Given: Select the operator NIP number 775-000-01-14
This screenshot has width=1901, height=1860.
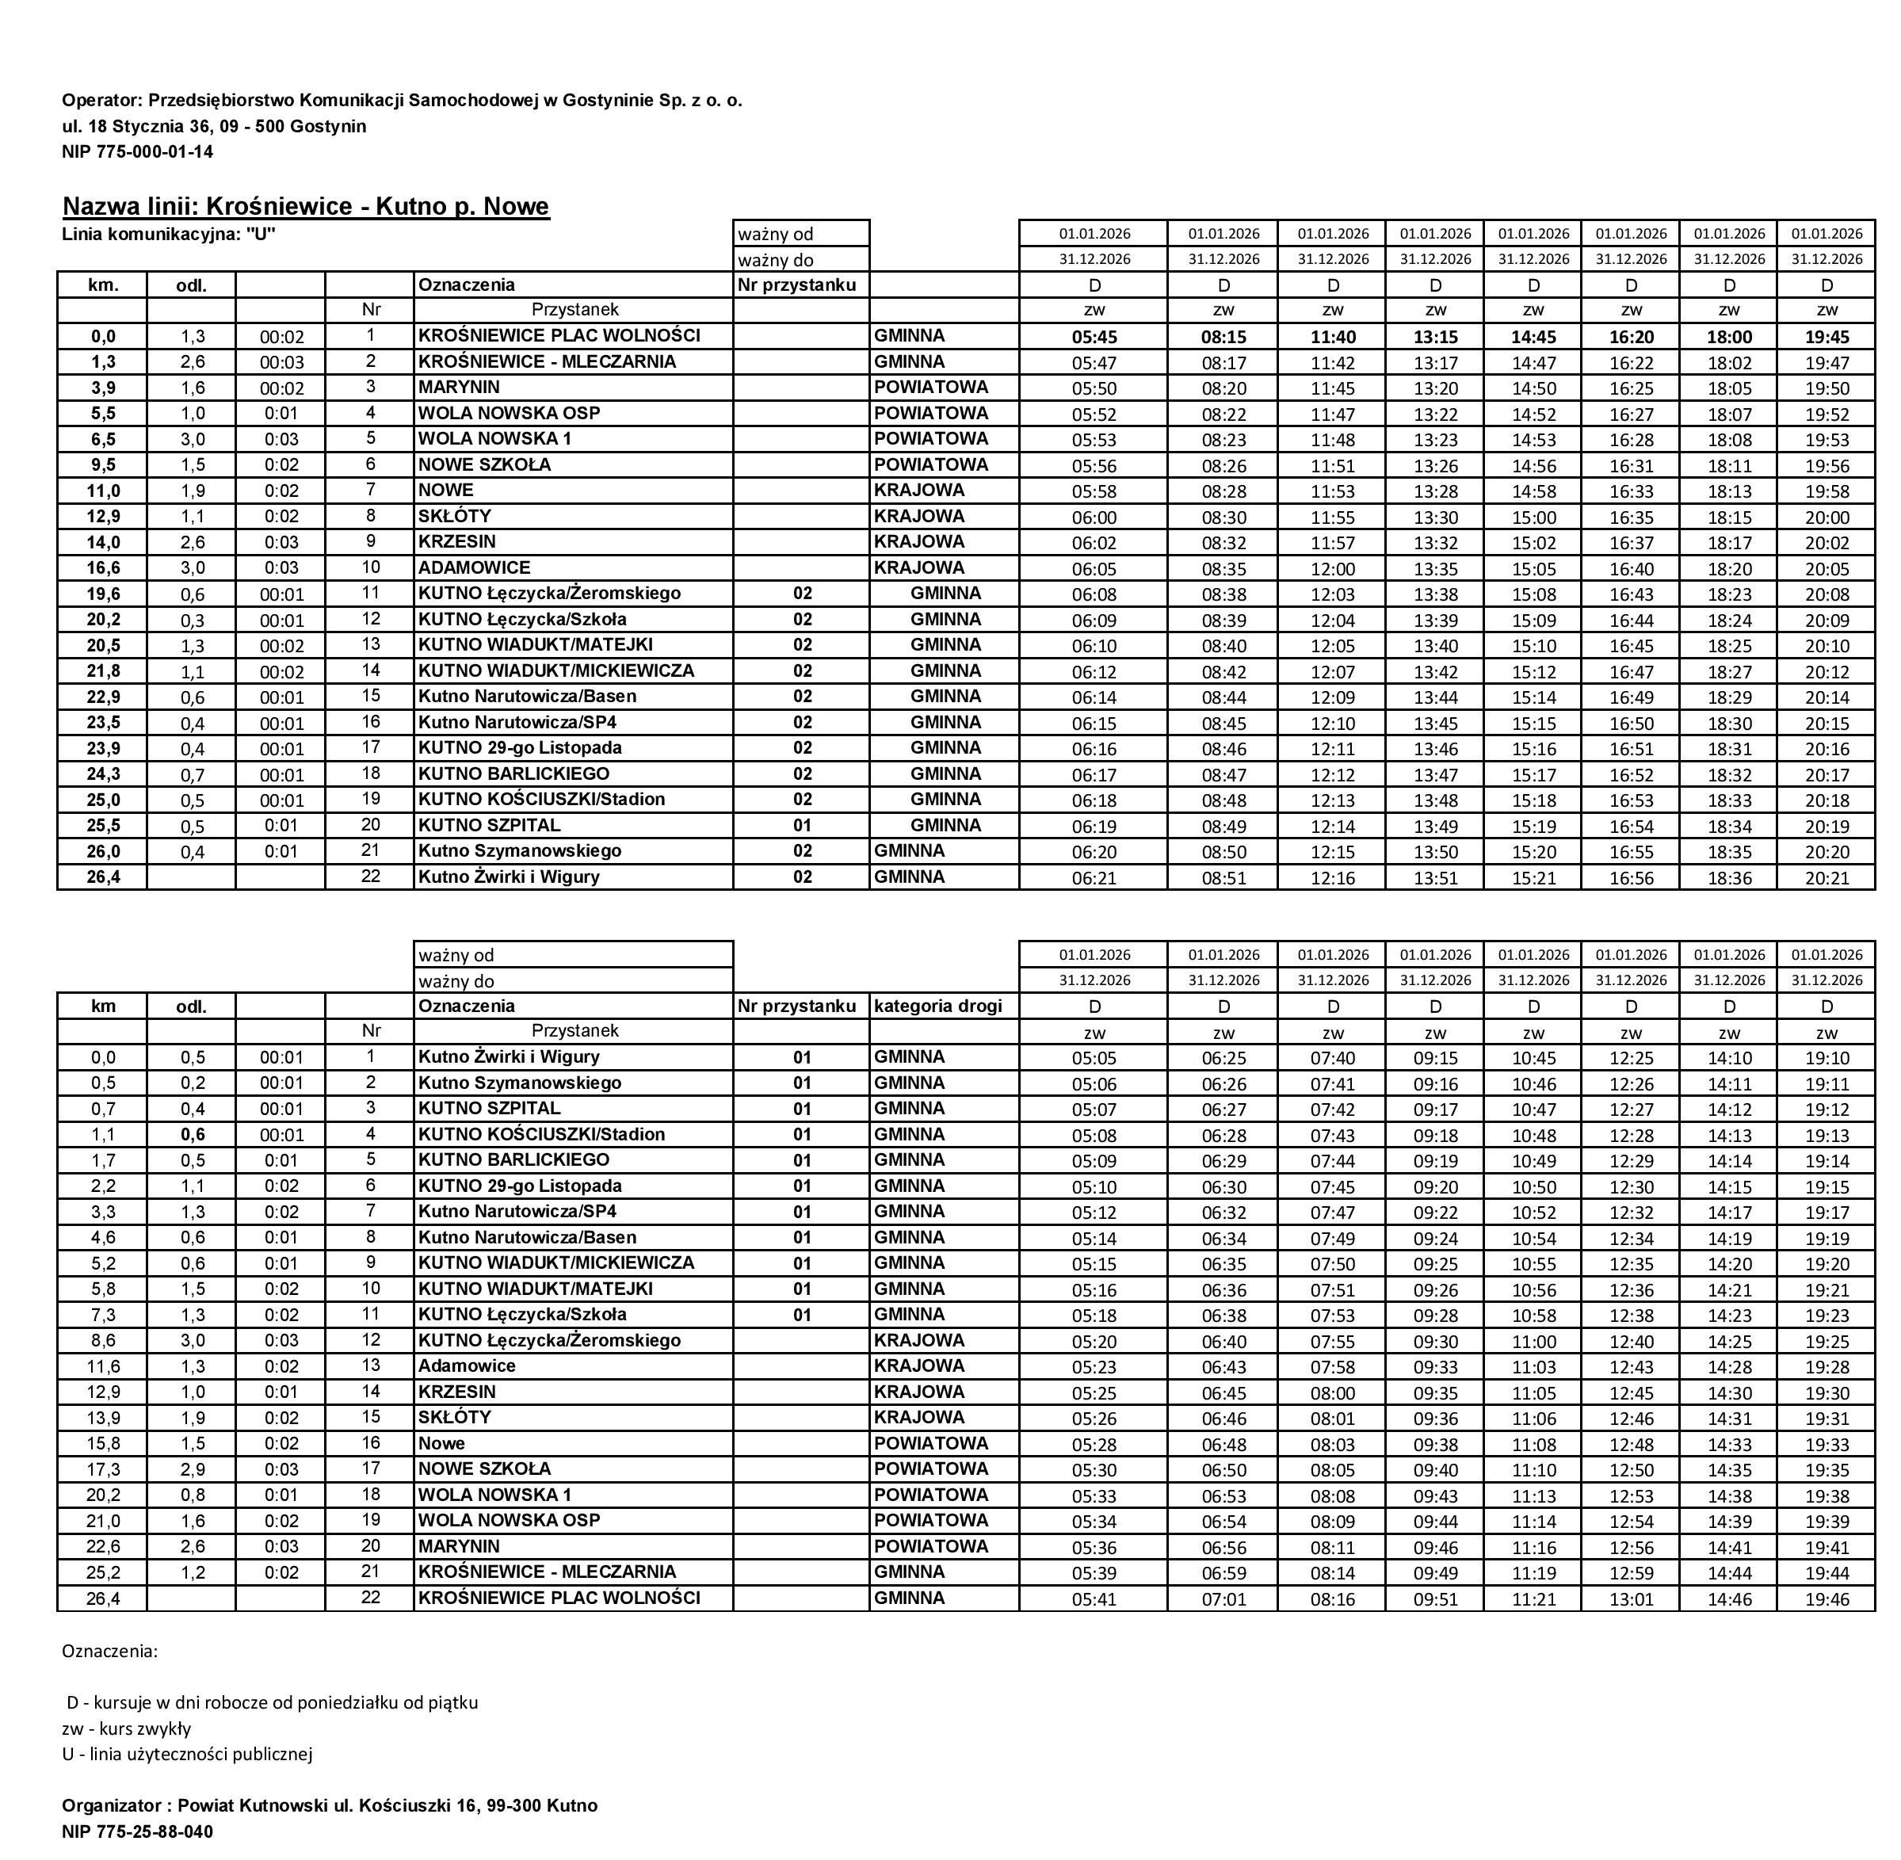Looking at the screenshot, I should click(x=137, y=151).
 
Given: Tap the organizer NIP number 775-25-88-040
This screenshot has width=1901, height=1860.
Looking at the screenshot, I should click(x=137, y=1831).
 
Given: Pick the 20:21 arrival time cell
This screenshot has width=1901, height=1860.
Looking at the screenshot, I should click(x=1826, y=877).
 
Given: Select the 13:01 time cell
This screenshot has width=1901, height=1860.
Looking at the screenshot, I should click(x=1631, y=1598).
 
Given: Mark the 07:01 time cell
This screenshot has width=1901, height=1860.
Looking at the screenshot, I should click(x=1223, y=1598).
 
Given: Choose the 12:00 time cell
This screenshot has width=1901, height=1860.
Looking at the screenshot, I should click(x=1333, y=568).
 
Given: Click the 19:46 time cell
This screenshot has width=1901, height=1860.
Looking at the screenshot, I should click(x=1826, y=1598).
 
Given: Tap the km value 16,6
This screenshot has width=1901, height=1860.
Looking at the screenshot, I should click(x=102, y=567).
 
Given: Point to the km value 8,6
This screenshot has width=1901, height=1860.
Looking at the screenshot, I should click(x=102, y=1339).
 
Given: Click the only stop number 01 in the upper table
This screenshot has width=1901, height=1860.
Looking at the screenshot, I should click(x=802, y=826).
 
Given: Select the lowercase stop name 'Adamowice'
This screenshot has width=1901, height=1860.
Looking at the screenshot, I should click(x=467, y=1365).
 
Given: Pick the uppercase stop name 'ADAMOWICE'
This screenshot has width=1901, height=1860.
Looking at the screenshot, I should click(x=475, y=567).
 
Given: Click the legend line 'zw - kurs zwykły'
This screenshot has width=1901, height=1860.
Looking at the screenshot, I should click(x=126, y=1727).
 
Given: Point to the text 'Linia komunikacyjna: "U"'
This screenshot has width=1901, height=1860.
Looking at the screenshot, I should click(x=168, y=234).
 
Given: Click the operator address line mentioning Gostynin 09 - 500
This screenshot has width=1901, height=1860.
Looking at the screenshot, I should click(x=214, y=126).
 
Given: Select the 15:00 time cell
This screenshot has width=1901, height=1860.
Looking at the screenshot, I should click(x=1533, y=517).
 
